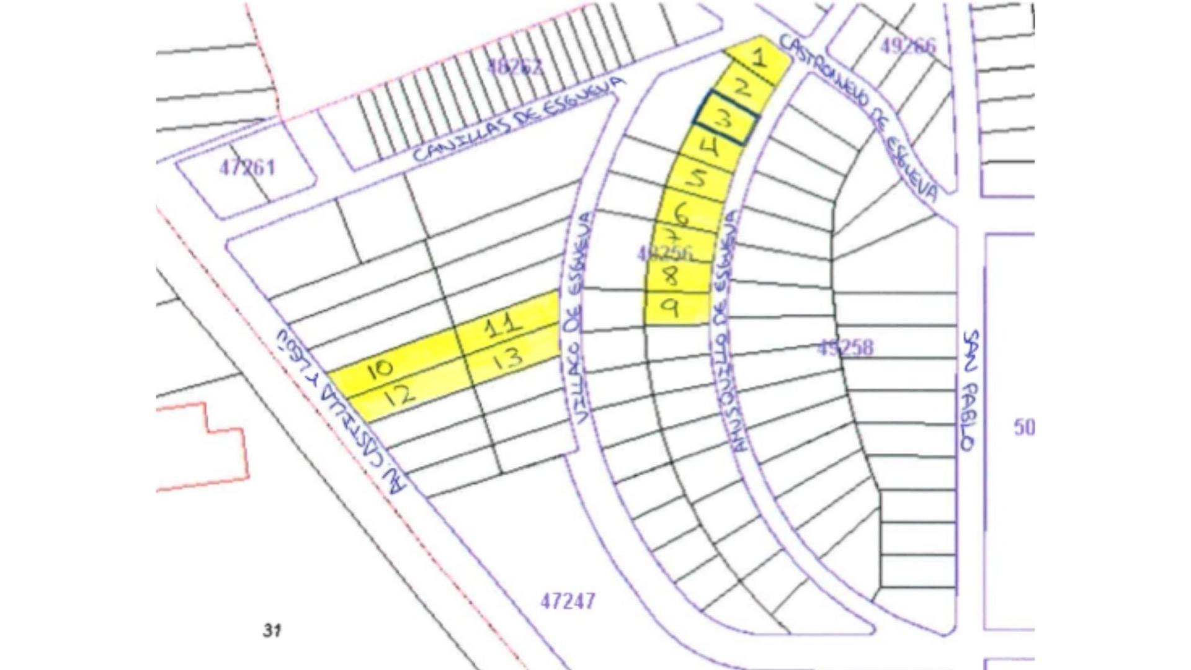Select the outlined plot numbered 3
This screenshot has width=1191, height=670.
725,118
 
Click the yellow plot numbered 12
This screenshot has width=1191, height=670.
401,395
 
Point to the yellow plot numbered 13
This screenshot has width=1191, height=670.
510,359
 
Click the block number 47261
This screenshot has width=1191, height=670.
247,167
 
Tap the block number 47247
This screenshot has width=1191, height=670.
568,601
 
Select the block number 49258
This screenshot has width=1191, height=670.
845,348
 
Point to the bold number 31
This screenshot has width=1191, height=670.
272,630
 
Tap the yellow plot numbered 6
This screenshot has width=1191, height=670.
682,214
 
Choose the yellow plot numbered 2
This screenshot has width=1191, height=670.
742,88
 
